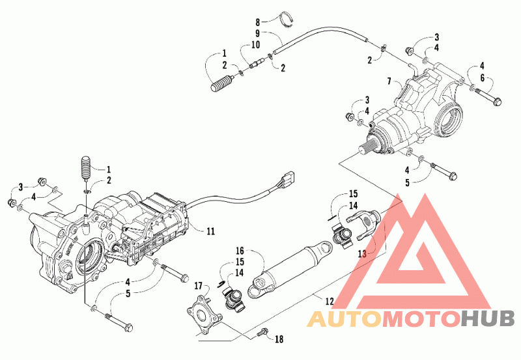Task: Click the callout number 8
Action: tap(257, 22)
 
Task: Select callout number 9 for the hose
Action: tap(257, 34)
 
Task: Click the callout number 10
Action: tap(255, 44)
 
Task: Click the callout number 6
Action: tap(482, 78)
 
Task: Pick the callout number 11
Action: tap(210, 231)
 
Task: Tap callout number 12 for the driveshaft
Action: tap(330, 301)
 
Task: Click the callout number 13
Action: tap(362, 254)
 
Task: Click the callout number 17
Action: tap(198, 286)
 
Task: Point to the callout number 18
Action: tap(279, 339)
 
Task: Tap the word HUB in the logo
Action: tap(487, 319)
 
